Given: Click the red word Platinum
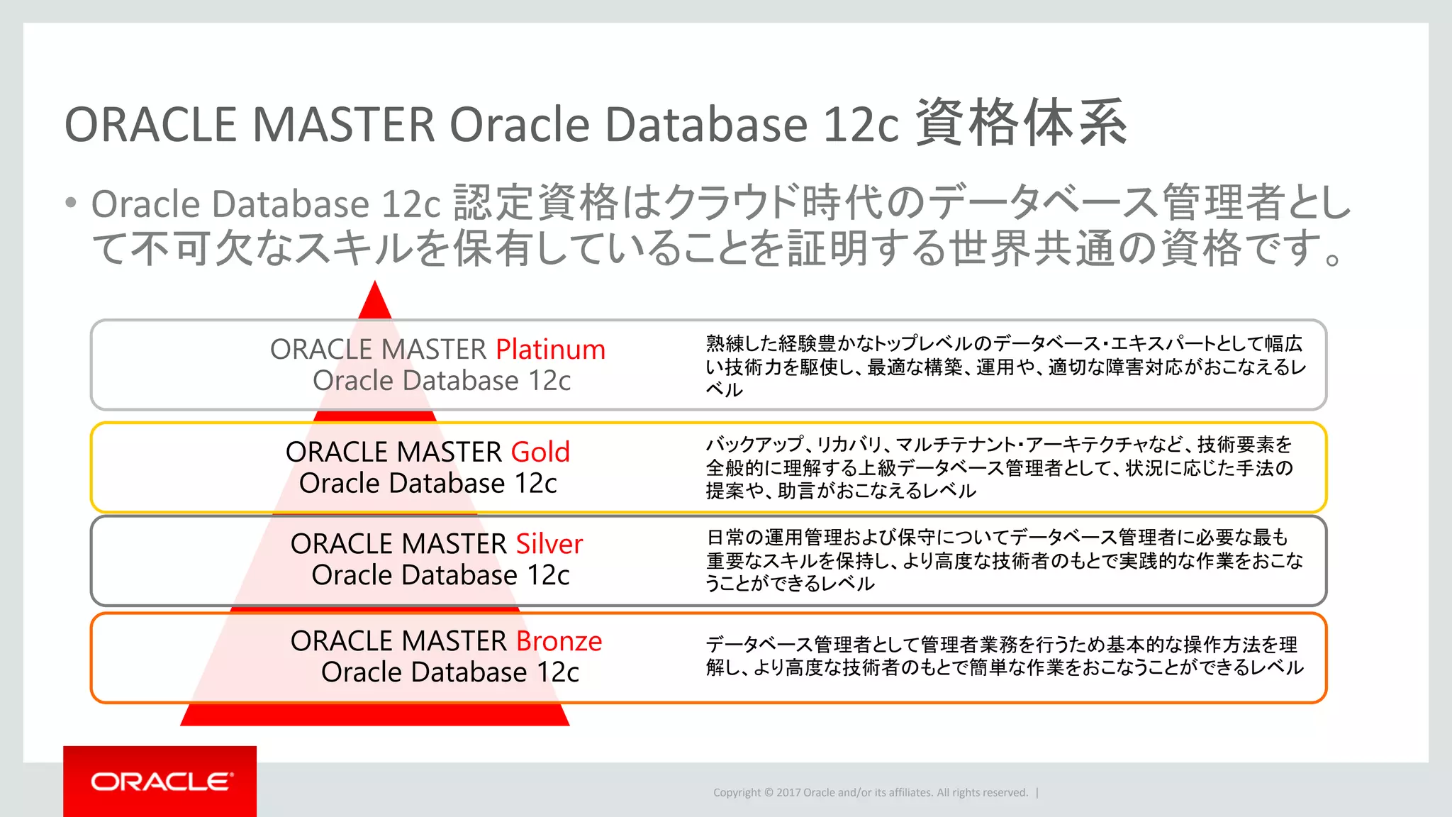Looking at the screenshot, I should point(550,350).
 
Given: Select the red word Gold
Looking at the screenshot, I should point(540,452).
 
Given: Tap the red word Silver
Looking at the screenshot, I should point(549,544).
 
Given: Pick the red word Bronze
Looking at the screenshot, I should point(559,641).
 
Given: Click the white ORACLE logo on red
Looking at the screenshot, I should point(161,782).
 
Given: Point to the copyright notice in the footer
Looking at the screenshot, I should point(870,793).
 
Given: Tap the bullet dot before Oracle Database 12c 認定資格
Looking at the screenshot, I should point(70,204).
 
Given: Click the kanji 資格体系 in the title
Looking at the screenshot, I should point(1020,123).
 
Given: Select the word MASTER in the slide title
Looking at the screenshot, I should point(343,125).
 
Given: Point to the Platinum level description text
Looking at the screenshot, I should point(1005,366).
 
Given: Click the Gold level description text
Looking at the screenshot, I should point(1000,467).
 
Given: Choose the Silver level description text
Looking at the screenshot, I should point(1004,560).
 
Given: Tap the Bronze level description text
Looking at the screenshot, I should point(1004,655).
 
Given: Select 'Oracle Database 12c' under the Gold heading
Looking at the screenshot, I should point(428,484).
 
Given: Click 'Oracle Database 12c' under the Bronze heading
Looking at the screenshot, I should point(449,672).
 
